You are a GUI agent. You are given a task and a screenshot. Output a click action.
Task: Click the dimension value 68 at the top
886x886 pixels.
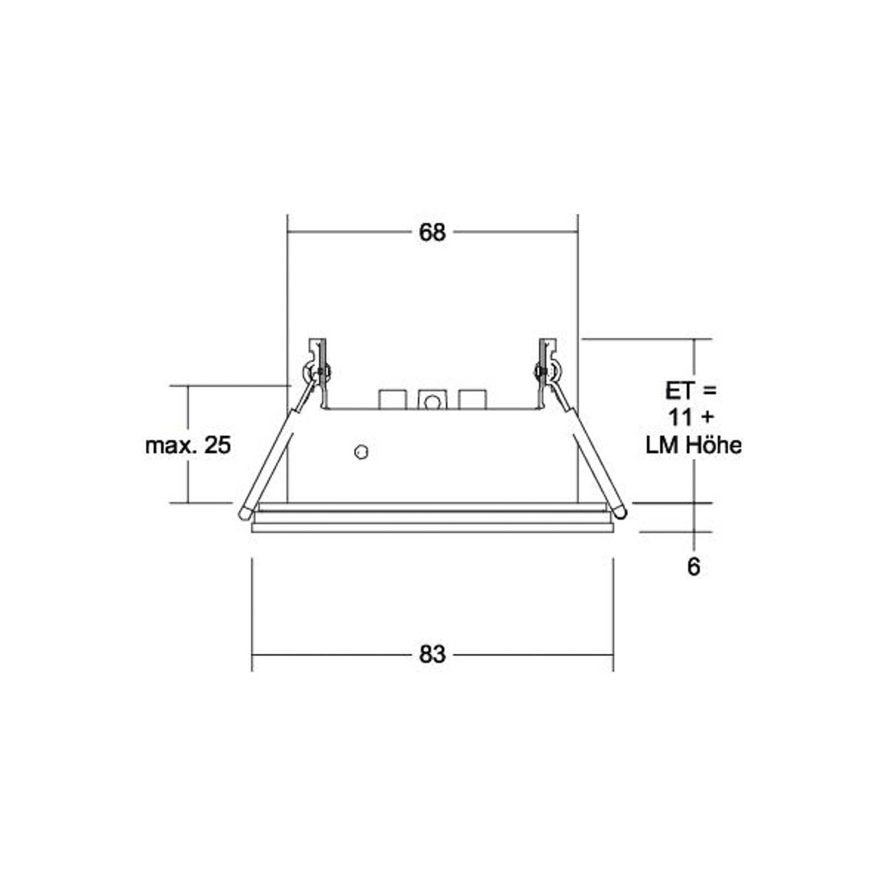tap(432, 233)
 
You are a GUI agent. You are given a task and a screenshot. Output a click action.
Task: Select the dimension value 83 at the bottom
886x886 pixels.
tap(432, 655)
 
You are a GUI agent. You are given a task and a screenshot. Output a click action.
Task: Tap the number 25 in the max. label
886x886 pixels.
tap(217, 445)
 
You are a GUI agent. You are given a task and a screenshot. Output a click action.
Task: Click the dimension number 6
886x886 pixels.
tap(693, 567)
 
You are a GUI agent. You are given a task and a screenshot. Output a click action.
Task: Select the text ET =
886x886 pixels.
tap(691, 391)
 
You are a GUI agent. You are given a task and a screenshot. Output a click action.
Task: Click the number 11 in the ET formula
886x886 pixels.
tap(680, 418)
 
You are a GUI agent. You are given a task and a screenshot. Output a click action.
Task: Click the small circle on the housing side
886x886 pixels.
tap(361, 452)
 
